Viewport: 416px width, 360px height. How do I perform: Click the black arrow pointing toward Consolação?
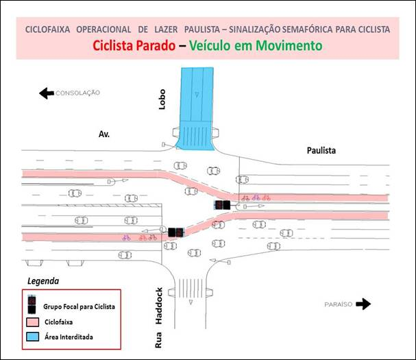tap(47, 93)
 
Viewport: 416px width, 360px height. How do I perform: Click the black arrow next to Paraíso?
tap(363, 304)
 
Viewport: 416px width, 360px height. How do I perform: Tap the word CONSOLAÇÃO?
tap(77, 93)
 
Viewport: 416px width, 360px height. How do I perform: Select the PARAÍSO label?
tap(339, 304)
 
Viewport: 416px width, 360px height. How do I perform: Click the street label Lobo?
tap(162, 99)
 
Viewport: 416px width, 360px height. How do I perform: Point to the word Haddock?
tap(158, 306)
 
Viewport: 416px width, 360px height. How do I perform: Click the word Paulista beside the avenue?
tap(321, 151)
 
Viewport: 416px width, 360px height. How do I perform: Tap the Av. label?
tap(104, 134)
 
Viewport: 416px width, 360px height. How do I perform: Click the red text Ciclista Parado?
tap(134, 45)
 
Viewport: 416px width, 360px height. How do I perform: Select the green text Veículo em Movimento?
tap(256, 45)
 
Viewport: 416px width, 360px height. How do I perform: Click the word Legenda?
tap(43, 281)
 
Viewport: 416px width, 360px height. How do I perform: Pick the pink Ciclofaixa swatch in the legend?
tap(33, 322)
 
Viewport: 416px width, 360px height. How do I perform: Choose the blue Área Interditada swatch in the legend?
tap(33, 337)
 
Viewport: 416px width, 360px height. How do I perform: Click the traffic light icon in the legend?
tap(32, 304)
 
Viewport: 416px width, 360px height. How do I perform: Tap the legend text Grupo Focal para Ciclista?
tap(79, 307)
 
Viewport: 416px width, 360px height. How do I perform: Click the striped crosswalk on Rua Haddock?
tap(191, 288)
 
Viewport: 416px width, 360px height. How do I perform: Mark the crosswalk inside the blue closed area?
tap(195, 135)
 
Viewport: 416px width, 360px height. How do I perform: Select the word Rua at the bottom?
tap(158, 340)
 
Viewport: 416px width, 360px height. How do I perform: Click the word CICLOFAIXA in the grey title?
tap(47, 29)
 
